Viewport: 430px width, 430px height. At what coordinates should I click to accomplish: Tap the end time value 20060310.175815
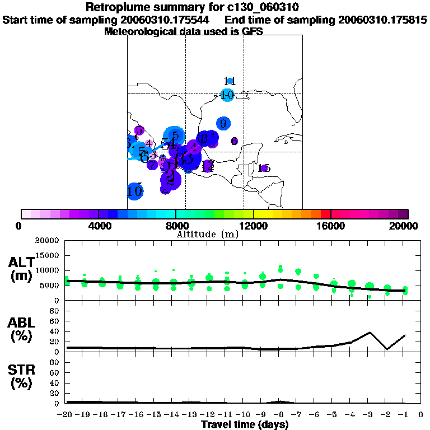pyautogui.click(x=382, y=20)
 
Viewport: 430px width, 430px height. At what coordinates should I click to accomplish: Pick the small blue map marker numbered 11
pyautogui.click(x=230, y=81)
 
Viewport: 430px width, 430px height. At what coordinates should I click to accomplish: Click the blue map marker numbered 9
pyautogui.click(x=223, y=123)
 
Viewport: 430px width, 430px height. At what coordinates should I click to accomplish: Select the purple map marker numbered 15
pyautogui.click(x=264, y=168)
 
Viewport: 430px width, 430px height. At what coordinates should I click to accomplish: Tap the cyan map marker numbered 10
pyautogui.click(x=227, y=95)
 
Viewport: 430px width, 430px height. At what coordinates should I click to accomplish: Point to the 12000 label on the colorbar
pyautogui.click(x=253, y=226)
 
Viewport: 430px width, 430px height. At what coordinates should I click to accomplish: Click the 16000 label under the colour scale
pyautogui.click(x=330, y=226)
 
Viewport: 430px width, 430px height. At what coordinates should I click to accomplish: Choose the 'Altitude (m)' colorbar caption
pyautogui.click(x=207, y=234)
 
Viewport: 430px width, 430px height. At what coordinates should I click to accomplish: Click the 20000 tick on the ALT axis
pyautogui.click(x=47, y=241)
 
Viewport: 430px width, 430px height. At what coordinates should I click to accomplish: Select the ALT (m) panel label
pyautogui.click(x=21, y=269)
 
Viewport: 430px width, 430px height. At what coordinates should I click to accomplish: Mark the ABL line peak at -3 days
pyautogui.click(x=370, y=333)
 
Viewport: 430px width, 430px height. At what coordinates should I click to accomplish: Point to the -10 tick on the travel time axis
pyautogui.click(x=244, y=414)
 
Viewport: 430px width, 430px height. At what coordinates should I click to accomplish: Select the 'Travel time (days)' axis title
pyautogui.click(x=245, y=424)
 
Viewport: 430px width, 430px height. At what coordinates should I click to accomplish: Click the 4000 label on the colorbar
pyautogui.click(x=99, y=226)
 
